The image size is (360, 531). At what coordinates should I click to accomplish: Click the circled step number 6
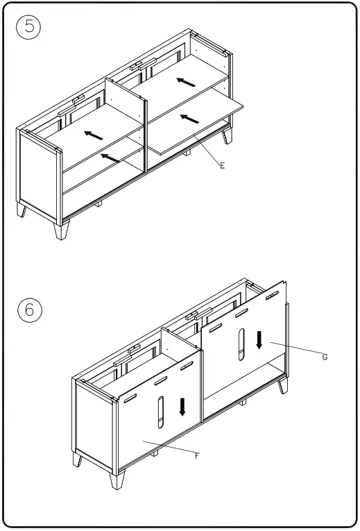(29, 310)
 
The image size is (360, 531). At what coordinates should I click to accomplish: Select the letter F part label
(197, 456)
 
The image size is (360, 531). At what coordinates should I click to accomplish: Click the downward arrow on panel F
(182, 406)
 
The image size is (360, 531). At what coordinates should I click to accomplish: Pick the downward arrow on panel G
(259, 339)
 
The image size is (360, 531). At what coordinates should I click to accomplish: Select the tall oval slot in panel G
(241, 344)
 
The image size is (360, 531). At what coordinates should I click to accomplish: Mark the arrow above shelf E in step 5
(185, 82)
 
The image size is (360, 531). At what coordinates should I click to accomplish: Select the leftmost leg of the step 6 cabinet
(78, 459)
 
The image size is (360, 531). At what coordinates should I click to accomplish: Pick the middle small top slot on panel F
(161, 381)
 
